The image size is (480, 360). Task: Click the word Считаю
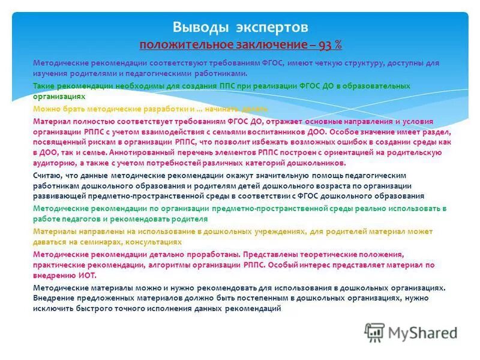[x=46, y=175]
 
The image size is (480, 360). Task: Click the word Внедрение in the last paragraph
[x=53, y=297]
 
